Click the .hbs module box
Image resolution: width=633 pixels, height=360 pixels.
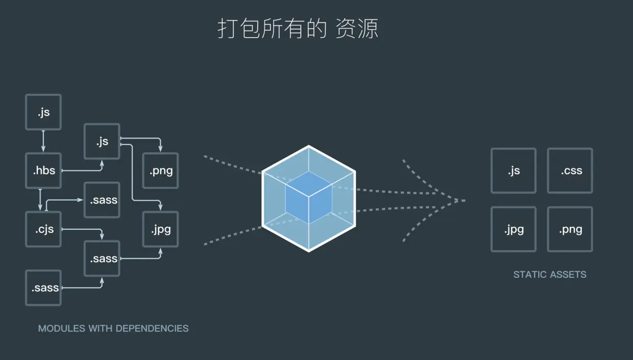coord(43,171)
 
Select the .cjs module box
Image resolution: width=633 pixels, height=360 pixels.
coord(43,229)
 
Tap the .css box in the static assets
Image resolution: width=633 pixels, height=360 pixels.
coord(570,171)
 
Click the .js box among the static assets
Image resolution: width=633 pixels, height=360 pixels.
coord(514,171)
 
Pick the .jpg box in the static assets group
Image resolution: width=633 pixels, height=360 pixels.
coord(514,229)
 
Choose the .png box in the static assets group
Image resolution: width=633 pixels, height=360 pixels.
coord(570,229)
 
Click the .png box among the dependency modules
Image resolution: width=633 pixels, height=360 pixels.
coord(160,171)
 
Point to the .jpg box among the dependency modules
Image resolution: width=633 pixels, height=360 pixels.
coord(160,229)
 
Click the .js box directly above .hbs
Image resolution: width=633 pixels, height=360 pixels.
coord(43,112)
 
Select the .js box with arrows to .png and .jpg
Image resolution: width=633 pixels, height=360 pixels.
coord(102,141)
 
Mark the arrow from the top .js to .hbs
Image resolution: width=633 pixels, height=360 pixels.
coord(43,141)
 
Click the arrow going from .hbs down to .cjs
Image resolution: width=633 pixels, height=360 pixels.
coord(40,200)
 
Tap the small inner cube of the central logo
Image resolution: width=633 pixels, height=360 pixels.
coord(308,197)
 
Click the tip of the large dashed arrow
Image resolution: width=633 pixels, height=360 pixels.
coord(464,200)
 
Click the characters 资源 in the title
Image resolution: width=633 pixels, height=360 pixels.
coord(357,29)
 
